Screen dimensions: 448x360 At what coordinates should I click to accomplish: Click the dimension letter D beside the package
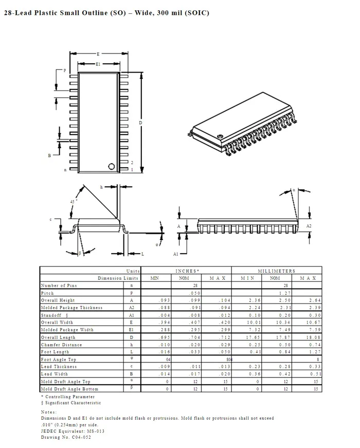tap(140, 123)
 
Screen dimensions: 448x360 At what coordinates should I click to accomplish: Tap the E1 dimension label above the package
tap(98, 64)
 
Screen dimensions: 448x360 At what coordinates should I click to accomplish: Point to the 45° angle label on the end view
tap(74, 201)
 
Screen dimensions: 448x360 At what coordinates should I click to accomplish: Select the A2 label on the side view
tap(309, 226)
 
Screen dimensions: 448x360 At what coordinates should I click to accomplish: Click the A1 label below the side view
tap(176, 254)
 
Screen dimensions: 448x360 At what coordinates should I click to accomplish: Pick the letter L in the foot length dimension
tap(142, 254)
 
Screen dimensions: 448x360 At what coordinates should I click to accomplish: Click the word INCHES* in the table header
tap(187, 271)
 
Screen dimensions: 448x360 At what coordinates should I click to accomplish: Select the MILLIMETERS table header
tap(277, 271)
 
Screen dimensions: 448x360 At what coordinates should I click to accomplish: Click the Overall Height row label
tap(58, 300)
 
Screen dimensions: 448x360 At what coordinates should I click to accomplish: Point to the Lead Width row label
tap(55, 374)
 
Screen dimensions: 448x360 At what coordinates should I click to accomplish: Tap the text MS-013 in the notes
tap(83, 431)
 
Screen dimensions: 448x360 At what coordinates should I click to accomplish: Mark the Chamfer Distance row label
tap(61, 345)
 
